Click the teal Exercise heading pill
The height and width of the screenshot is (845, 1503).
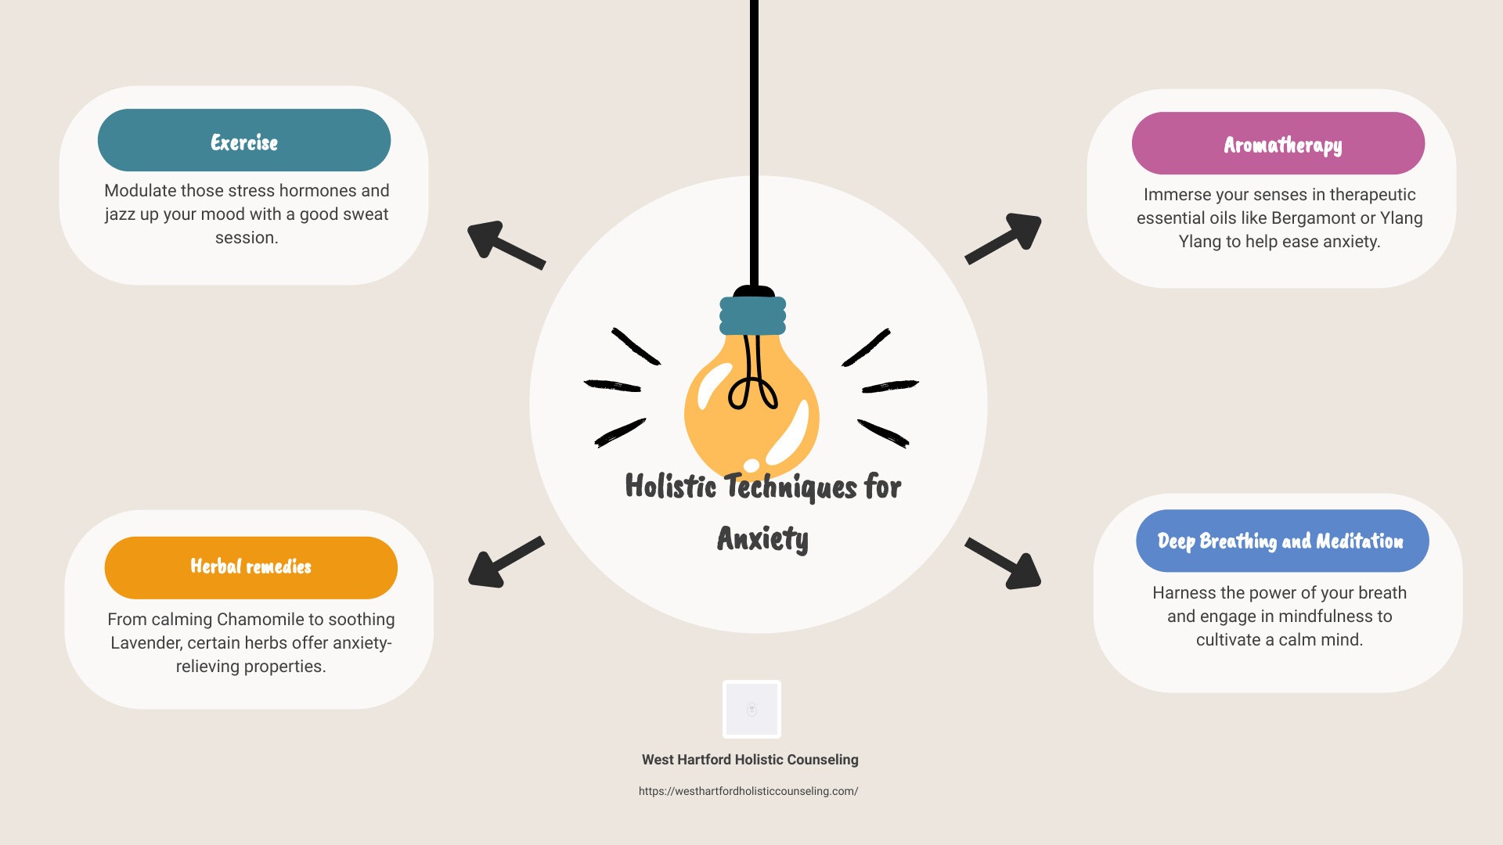[244, 140]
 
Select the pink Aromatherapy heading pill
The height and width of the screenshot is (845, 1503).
[1278, 143]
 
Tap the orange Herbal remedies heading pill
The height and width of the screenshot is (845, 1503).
[251, 568]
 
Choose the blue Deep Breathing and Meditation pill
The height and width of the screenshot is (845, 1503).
[1282, 541]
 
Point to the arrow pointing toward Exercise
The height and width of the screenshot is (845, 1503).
[506, 245]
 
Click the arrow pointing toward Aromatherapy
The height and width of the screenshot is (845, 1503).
[1003, 238]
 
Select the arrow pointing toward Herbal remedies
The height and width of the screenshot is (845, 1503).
[506, 562]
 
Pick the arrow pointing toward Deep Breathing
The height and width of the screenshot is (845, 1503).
[1003, 563]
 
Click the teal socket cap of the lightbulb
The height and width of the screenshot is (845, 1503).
[753, 315]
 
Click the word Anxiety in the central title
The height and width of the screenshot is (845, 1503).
[762, 539]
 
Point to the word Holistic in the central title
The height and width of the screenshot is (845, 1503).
[671, 486]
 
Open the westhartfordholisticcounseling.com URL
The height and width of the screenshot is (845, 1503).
[748, 791]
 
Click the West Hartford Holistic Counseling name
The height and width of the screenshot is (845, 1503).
[750, 760]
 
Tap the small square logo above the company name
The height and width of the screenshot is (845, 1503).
[751, 709]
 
